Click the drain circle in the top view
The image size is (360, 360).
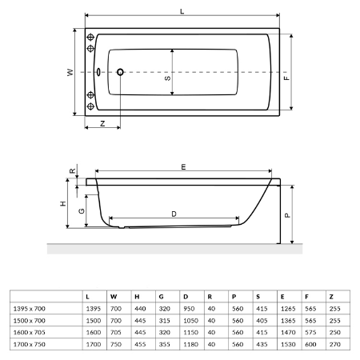click(120, 72)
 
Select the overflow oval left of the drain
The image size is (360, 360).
click(98, 72)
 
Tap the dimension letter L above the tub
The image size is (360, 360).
click(182, 11)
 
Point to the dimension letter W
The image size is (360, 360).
click(70, 72)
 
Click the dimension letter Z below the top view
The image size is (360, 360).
click(102, 123)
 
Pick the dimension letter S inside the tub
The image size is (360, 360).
click(167, 78)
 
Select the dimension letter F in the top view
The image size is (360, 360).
click(286, 78)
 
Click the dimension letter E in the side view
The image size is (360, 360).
click(183, 167)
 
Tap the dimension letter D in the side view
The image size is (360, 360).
click(174, 214)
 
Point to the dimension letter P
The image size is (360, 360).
click(287, 215)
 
